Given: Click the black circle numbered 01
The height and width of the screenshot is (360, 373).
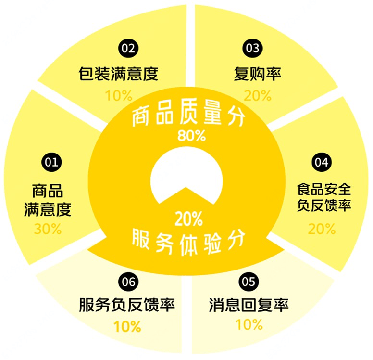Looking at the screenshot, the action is (x=51, y=163).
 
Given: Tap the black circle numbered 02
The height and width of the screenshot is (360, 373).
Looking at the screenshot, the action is (x=128, y=48).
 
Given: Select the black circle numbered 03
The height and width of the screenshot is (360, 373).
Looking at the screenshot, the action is (x=253, y=48).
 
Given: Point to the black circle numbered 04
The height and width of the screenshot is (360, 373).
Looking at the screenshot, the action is (x=322, y=163).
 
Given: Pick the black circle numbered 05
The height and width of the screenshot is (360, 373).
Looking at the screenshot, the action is (x=249, y=282).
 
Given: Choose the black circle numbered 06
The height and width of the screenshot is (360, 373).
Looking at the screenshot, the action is (x=128, y=282).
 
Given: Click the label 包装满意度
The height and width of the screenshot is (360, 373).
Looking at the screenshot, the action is (x=118, y=74).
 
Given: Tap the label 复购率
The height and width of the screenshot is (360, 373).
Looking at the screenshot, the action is (x=257, y=74).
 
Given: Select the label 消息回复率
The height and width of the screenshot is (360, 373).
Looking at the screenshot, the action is (x=249, y=305).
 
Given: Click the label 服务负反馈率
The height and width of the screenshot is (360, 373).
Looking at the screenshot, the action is (x=127, y=305).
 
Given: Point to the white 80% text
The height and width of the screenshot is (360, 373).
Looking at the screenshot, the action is (x=191, y=136).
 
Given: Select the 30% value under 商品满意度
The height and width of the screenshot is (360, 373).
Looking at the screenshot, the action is (x=48, y=229).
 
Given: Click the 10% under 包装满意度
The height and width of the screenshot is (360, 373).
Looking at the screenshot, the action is (x=119, y=96).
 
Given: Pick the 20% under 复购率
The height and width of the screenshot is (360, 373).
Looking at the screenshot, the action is (x=258, y=96).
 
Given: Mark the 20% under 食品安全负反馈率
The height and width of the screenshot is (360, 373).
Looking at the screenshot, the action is (x=322, y=229).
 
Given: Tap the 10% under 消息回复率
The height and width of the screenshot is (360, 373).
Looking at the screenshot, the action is (x=249, y=324).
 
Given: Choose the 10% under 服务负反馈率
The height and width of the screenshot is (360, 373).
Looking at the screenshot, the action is (x=127, y=326).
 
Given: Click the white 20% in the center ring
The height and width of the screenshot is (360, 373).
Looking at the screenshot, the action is (x=189, y=219).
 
